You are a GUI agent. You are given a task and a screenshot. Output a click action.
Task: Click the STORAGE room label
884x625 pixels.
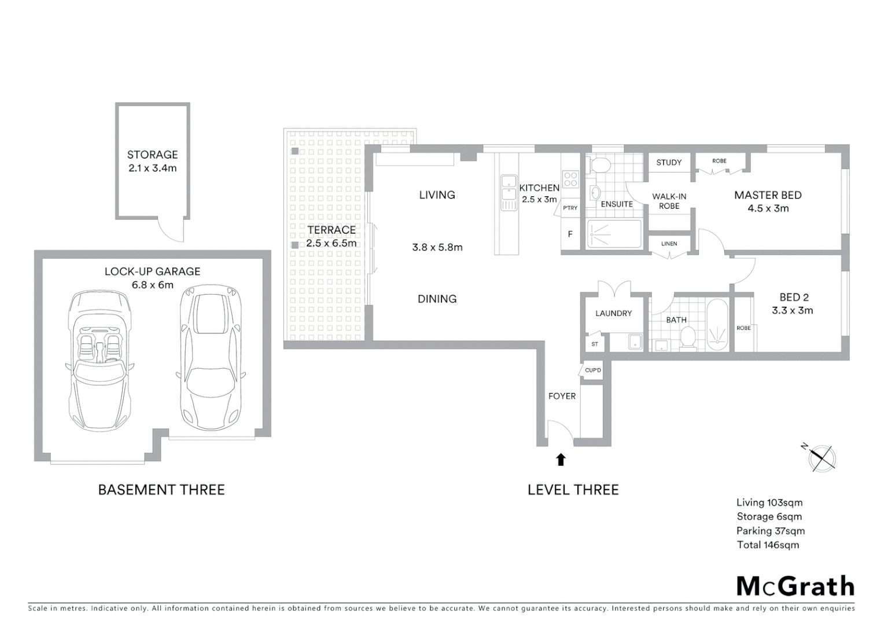click(152, 155)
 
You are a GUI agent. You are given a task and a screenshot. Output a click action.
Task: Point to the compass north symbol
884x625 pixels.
click(821, 457)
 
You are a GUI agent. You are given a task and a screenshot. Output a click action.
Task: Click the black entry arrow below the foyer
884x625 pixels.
click(561, 459)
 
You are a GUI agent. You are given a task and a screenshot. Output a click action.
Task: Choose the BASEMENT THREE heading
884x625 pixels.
click(161, 490)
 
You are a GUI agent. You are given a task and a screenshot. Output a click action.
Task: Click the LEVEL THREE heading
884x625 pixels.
click(573, 490)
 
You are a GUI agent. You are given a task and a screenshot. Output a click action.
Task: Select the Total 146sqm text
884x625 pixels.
click(768, 545)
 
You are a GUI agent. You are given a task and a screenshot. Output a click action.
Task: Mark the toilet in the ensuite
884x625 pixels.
click(599, 164)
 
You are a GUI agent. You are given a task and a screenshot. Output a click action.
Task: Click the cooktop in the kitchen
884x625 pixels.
click(570, 178)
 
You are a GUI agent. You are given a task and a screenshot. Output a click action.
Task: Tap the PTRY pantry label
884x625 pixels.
click(570, 208)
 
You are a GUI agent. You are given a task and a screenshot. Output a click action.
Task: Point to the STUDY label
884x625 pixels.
click(669, 163)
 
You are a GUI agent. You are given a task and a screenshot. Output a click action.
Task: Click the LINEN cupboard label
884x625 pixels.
click(669, 244)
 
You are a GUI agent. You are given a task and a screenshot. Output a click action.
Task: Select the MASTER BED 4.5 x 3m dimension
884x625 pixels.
click(768, 208)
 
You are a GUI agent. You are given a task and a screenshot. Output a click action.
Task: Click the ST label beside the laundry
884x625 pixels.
click(595, 344)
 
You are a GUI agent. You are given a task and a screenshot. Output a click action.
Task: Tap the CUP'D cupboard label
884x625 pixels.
click(593, 370)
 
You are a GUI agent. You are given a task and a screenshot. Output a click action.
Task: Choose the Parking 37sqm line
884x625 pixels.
click(770, 531)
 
